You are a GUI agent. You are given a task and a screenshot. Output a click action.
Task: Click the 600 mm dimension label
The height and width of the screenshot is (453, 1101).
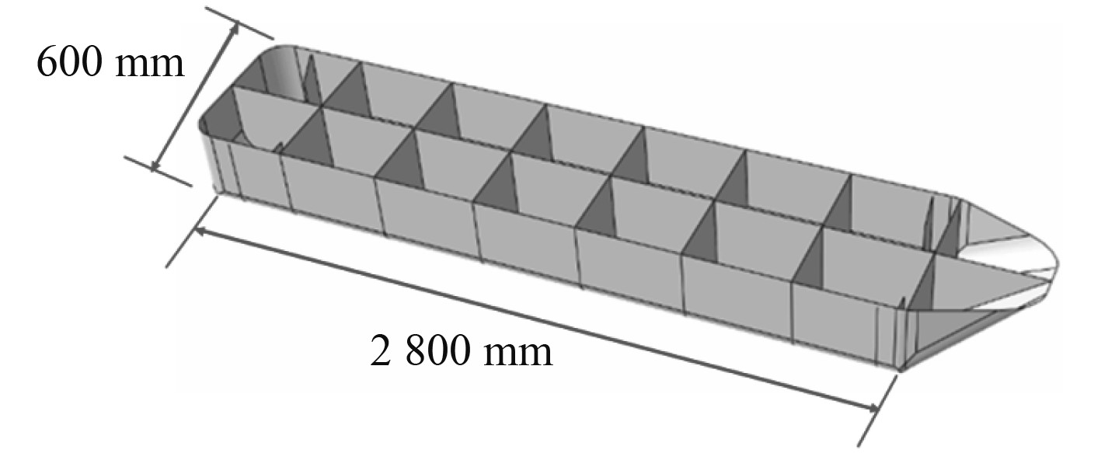110,63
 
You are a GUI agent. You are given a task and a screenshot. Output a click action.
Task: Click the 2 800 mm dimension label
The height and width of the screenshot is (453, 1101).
462,352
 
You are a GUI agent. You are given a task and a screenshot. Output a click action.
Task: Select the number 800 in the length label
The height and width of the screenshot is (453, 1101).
436,352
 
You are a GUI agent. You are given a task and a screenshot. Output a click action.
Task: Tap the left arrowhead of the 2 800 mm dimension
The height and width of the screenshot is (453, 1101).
200,232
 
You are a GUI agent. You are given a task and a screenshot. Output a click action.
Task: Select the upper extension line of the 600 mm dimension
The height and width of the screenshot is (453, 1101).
241,24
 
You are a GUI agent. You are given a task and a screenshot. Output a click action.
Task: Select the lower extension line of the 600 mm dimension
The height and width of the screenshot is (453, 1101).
159,170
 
